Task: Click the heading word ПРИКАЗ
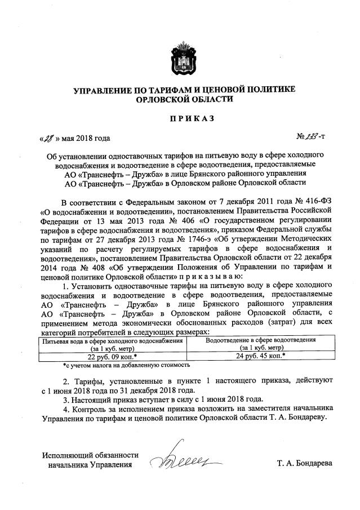click(180, 118)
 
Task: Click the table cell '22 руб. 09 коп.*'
click(113, 356)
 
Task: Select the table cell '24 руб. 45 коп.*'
click(260, 356)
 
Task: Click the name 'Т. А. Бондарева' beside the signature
click(304, 464)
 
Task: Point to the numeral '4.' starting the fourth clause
click(66, 408)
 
